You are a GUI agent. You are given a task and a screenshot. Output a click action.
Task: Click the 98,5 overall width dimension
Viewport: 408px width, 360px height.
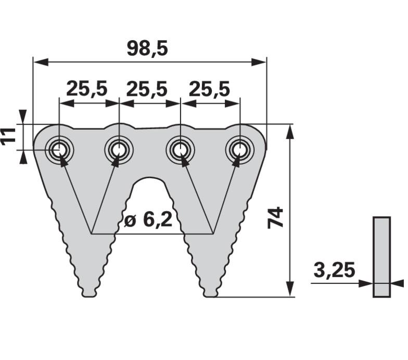(147, 49)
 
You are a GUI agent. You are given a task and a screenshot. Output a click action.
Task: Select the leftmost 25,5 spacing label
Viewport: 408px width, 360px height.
(86, 89)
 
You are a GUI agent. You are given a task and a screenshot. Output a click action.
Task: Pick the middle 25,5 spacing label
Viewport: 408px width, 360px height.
(147, 89)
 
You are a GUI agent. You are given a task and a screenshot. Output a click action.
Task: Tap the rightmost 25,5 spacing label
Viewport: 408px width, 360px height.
(209, 89)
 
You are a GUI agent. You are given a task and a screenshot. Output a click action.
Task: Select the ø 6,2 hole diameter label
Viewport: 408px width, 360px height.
(148, 220)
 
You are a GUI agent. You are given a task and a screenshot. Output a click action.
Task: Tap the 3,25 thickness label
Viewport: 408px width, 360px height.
(334, 270)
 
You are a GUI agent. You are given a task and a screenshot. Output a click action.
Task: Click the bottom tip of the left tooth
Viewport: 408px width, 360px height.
(90, 296)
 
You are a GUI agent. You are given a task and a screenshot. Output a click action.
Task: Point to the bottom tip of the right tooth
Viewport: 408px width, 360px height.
(210, 296)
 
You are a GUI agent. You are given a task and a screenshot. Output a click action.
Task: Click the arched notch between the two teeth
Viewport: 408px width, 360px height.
(149, 178)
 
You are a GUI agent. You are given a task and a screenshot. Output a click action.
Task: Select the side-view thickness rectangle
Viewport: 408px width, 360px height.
(382, 257)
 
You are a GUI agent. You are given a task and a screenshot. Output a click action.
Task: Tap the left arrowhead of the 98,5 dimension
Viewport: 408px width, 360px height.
(41, 63)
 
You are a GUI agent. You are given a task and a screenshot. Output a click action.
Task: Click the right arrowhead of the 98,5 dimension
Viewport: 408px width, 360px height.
(259, 63)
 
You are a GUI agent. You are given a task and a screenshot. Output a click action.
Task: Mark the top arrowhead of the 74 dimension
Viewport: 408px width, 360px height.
(290, 132)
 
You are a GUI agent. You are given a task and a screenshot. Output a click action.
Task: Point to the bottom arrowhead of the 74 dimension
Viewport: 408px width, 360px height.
(290, 289)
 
